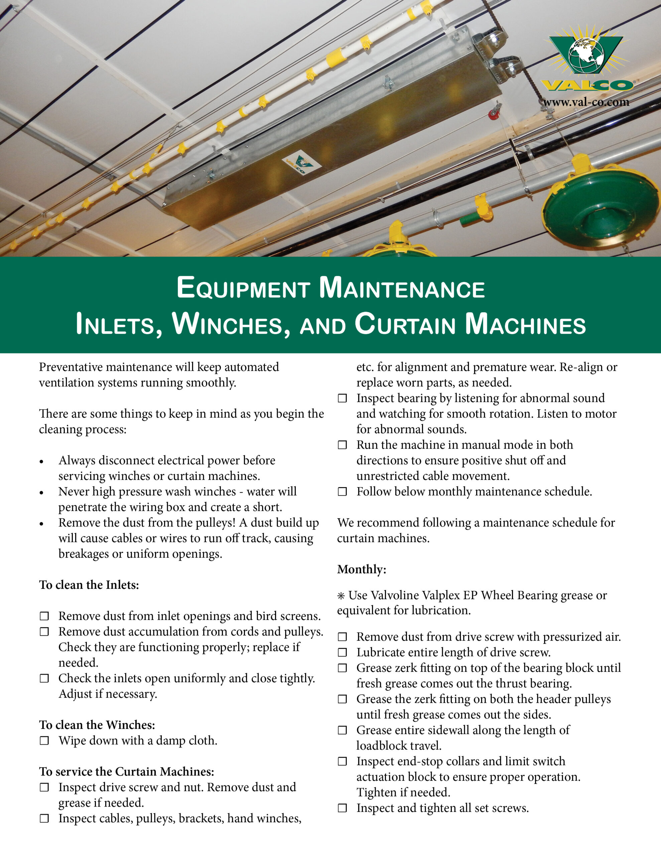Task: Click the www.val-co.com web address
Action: pyautogui.click(x=586, y=102)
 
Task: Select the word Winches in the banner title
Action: pyautogui.click(x=231, y=324)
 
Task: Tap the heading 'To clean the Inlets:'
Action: pyautogui.click(x=89, y=585)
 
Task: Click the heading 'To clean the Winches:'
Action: pyautogui.click(x=97, y=725)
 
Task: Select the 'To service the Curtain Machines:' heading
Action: pyautogui.click(x=127, y=771)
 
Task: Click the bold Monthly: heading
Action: pyautogui.click(x=362, y=569)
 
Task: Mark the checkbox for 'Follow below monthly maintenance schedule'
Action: pyautogui.click(x=343, y=492)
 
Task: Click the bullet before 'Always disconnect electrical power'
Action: pyautogui.click(x=41, y=462)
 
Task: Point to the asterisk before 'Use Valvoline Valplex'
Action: pyautogui.click(x=341, y=596)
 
